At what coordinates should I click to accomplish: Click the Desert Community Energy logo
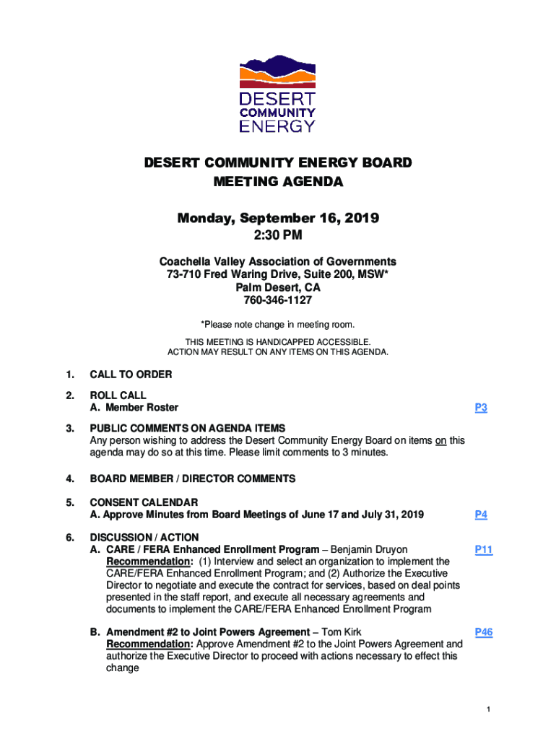(x=277, y=93)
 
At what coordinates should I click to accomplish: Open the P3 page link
(x=481, y=408)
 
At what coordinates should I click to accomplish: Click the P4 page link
(x=481, y=515)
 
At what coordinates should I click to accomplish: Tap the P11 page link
(x=483, y=550)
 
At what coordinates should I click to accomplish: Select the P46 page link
(x=483, y=632)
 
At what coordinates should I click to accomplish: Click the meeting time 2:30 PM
(x=278, y=235)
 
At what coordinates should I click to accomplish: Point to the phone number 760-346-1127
(x=278, y=300)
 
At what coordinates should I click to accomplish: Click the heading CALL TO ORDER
(x=131, y=375)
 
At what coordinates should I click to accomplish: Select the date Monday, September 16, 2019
(x=278, y=218)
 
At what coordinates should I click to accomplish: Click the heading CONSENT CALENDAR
(x=144, y=502)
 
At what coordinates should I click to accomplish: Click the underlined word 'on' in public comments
(x=440, y=440)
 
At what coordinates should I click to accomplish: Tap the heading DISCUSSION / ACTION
(x=144, y=538)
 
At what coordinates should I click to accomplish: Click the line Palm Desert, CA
(x=278, y=287)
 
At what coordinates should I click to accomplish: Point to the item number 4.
(x=69, y=478)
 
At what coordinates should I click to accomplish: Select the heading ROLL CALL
(x=118, y=395)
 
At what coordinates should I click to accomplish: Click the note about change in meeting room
(x=278, y=325)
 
